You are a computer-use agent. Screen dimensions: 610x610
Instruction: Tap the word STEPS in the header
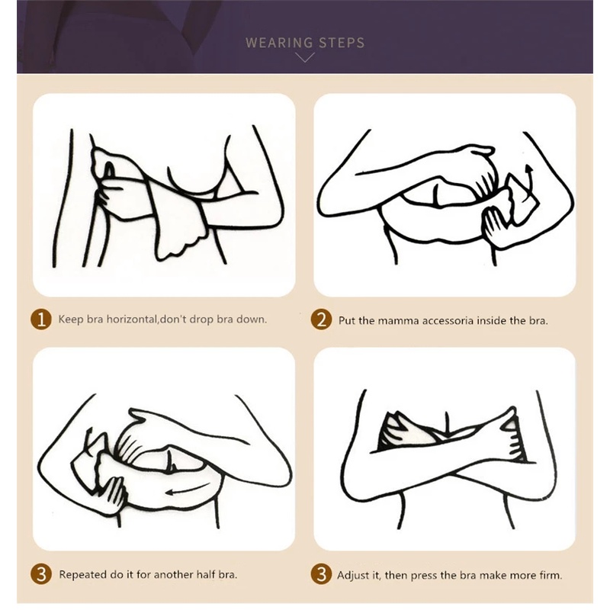point(342,43)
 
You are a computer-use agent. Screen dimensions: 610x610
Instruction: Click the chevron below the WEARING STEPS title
point(305,58)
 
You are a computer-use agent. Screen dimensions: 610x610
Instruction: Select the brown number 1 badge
point(41,319)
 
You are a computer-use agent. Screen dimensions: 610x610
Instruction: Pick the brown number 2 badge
point(321,319)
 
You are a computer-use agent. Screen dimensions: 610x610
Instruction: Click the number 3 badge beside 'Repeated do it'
point(41,574)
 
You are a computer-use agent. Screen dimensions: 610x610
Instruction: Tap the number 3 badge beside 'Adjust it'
point(321,574)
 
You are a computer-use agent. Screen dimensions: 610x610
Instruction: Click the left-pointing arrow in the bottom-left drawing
point(186,490)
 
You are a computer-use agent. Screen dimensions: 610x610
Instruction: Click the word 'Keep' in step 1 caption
point(71,319)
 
